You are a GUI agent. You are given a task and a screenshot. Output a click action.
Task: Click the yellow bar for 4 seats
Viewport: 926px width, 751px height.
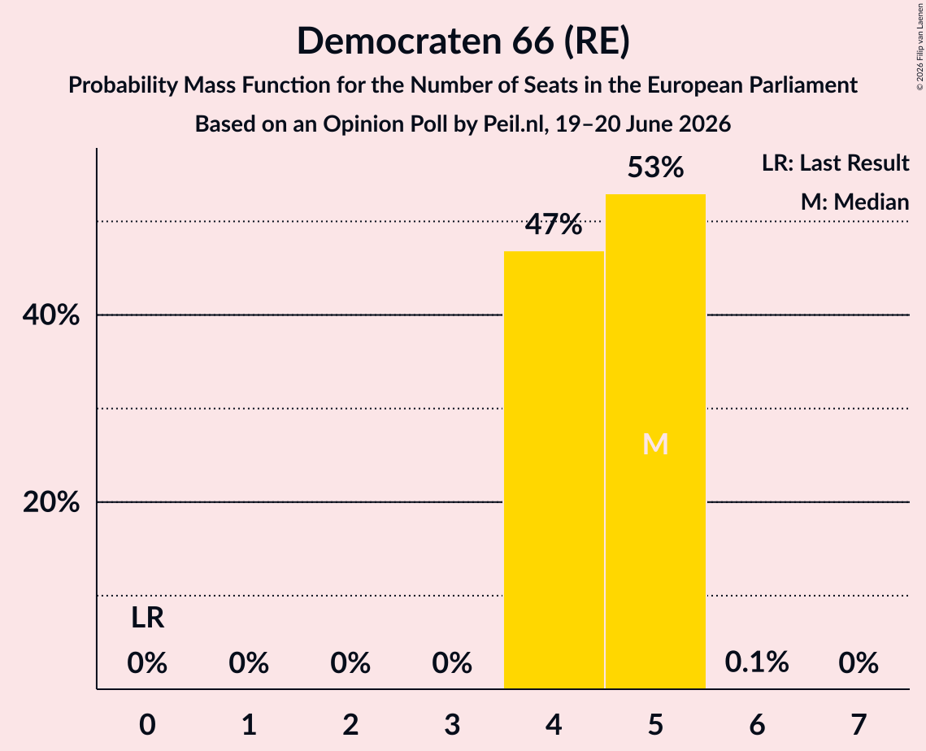(554, 470)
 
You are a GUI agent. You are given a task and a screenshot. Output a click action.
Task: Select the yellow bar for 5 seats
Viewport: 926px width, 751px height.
(655, 441)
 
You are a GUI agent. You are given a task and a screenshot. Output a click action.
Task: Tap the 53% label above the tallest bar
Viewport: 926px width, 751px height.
(655, 167)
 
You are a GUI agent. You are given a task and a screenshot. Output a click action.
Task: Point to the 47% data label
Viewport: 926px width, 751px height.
(554, 224)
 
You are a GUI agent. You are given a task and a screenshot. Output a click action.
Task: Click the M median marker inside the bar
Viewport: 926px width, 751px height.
(655, 444)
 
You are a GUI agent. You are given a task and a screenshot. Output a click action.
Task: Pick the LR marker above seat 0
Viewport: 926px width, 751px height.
(147, 619)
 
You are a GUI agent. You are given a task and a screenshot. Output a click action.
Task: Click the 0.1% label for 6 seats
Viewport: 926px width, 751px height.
(757, 662)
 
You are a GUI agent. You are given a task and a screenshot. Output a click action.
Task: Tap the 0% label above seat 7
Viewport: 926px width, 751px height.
(859, 663)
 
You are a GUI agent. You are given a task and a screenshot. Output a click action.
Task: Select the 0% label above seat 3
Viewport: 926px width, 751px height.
(452, 663)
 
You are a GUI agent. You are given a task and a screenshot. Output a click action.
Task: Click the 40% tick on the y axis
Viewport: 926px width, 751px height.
(50, 315)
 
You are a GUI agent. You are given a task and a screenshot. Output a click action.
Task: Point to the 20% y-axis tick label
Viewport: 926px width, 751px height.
(50, 502)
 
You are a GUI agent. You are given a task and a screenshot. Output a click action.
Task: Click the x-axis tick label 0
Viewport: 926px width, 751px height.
(147, 724)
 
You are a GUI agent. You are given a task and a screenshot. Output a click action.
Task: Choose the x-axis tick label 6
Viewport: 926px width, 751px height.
(757, 724)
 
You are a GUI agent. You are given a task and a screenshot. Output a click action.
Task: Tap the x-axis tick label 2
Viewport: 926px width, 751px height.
(350, 724)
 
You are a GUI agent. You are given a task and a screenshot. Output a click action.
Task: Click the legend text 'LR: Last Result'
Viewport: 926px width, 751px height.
(835, 163)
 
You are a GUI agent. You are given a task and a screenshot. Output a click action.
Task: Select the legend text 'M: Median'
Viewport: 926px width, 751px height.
(854, 202)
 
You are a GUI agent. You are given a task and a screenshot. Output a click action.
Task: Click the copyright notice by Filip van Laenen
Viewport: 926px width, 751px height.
(919, 46)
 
